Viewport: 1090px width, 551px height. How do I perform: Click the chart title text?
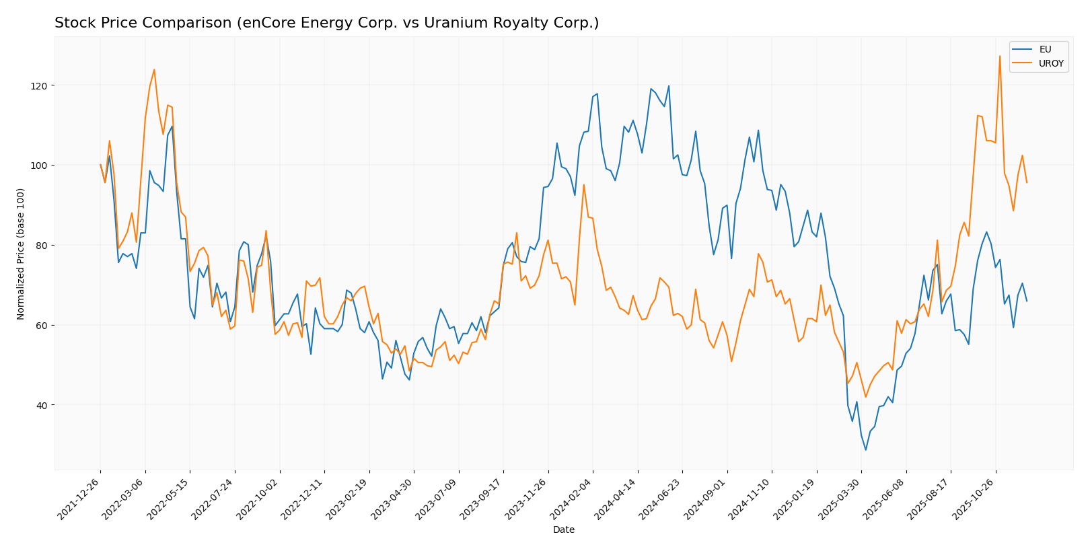click(x=326, y=23)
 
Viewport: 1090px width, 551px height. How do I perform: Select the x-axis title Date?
click(x=563, y=529)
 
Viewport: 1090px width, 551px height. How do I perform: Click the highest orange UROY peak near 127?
click(x=999, y=56)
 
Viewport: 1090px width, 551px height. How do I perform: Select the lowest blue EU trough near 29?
click(x=866, y=450)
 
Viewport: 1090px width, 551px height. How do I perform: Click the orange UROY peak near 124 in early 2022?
click(x=154, y=69)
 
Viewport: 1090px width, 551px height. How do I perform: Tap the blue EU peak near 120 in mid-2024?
click(x=668, y=85)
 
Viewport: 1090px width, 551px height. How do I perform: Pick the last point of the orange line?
click(x=1027, y=182)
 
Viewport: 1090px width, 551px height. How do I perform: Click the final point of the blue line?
click(x=1027, y=301)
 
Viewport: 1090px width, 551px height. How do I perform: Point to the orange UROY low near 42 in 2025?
click(x=865, y=397)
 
